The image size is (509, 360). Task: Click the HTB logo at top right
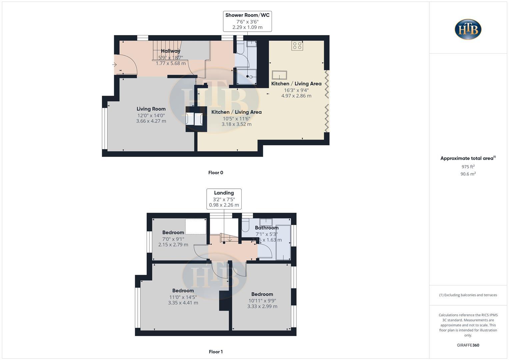468,29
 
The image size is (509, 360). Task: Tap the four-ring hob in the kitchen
297,46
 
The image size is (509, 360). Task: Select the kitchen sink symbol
279,75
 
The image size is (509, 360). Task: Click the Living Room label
151,109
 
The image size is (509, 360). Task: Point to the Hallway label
170,51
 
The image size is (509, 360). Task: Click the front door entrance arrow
114,65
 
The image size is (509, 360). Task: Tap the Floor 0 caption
215,173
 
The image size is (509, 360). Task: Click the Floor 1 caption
215,352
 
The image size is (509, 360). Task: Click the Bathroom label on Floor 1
266,228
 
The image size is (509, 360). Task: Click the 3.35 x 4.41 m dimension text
183,303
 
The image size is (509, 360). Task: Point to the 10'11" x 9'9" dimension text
262,300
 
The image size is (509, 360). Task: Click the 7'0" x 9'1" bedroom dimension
173,239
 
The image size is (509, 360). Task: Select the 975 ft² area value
468,167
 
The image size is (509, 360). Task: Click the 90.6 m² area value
468,174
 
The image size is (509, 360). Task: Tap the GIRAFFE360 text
468,345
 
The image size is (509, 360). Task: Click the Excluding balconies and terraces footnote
468,295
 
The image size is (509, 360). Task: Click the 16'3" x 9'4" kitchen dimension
296,90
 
